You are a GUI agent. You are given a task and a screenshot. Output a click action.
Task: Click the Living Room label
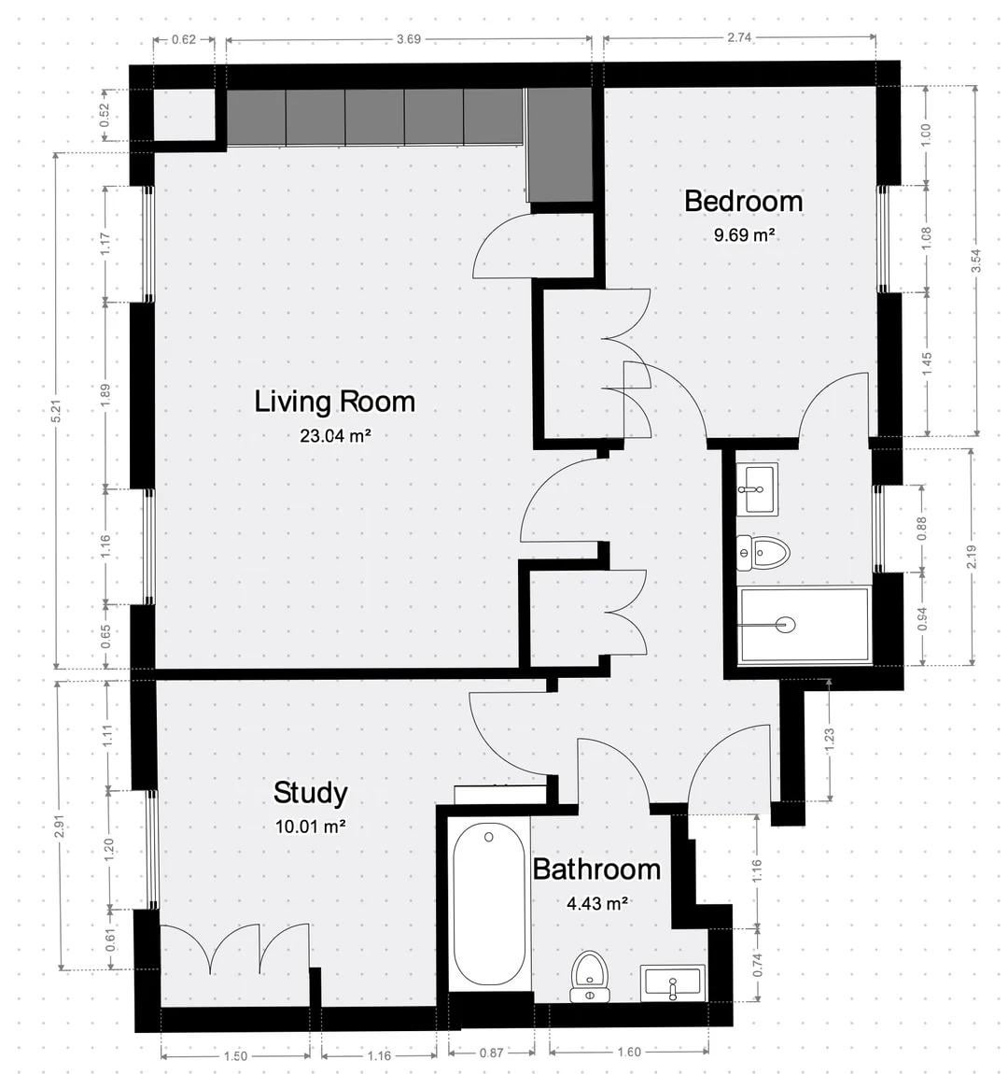(x=335, y=403)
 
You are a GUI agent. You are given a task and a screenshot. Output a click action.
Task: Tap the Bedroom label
(x=743, y=202)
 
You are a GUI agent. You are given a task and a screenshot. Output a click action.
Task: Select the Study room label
(x=310, y=793)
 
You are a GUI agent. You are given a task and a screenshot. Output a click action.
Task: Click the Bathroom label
(x=596, y=869)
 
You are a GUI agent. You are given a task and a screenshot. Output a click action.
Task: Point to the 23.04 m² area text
(x=335, y=435)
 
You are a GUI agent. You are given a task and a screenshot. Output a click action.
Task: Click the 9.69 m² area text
(x=744, y=235)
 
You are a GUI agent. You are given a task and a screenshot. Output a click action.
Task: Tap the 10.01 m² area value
(x=310, y=827)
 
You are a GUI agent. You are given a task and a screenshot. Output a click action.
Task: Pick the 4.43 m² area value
(x=597, y=904)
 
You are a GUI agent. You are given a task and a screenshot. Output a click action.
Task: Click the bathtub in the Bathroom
(x=489, y=905)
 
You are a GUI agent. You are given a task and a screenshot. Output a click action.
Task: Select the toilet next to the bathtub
(x=590, y=975)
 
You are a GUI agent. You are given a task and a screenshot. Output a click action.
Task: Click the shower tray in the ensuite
(x=805, y=624)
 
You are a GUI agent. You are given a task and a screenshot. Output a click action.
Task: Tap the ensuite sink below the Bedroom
(x=757, y=488)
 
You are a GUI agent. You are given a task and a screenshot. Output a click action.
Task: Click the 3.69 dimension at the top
(x=409, y=40)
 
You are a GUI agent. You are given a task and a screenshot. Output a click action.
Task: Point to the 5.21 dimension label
(x=57, y=410)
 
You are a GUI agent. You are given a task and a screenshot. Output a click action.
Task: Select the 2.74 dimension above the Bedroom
(x=739, y=37)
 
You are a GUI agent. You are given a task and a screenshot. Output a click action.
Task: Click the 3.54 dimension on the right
(x=976, y=261)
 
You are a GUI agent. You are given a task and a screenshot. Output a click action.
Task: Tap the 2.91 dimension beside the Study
(x=61, y=826)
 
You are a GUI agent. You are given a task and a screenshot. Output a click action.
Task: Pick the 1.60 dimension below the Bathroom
(x=629, y=1053)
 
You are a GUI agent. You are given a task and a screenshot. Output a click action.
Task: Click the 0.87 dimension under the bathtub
(x=491, y=1053)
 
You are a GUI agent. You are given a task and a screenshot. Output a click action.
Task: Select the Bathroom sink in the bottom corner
(x=673, y=983)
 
